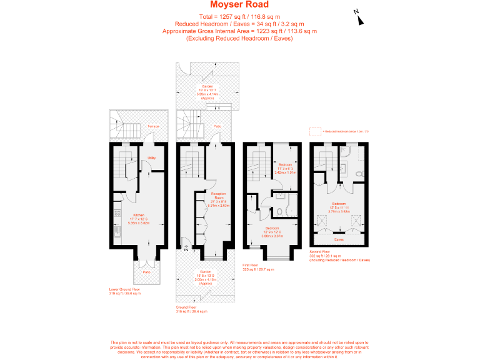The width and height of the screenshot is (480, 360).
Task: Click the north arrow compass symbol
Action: [359, 17]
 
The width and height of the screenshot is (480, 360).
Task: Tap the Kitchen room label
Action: [137, 215]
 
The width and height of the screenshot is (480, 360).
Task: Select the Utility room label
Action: [151, 158]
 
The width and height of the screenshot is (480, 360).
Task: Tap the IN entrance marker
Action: [186, 250]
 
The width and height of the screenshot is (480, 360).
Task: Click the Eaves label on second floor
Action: [338, 239]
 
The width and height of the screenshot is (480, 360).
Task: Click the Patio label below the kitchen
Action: [146, 272]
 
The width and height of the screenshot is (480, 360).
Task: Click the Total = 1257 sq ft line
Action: [239, 16]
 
